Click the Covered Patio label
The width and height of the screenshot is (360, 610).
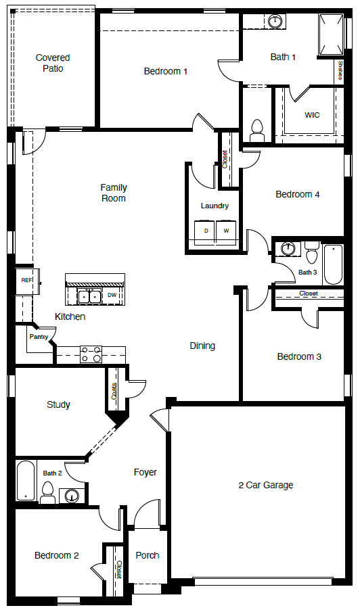[x=53, y=63]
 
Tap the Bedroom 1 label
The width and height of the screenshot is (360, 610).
[x=166, y=71]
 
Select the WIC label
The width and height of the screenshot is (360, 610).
[x=312, y=115]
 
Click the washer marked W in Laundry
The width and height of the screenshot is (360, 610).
[x=227, y=231]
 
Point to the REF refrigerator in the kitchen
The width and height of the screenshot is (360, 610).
[x=26, y=280]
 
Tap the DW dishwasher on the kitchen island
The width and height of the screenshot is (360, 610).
[x=112, y=296]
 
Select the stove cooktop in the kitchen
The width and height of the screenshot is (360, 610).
[x=91, y=353]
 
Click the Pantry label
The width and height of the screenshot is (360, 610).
[x=39, y=336]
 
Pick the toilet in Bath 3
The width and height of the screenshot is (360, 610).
[x=311, y=253]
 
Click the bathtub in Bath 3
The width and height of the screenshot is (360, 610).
[x=333, y=264]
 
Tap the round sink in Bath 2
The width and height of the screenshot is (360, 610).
[x=72, y=496]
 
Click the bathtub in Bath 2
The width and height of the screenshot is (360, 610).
[x=26, y=481]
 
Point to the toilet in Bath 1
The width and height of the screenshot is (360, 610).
[x=256, y=127]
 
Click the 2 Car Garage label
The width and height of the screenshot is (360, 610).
[x=266, y=485]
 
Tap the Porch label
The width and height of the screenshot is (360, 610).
[x=148, y=555]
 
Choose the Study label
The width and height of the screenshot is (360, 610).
[x=58, y=405]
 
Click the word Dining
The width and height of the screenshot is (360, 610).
[x=202, y=346]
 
